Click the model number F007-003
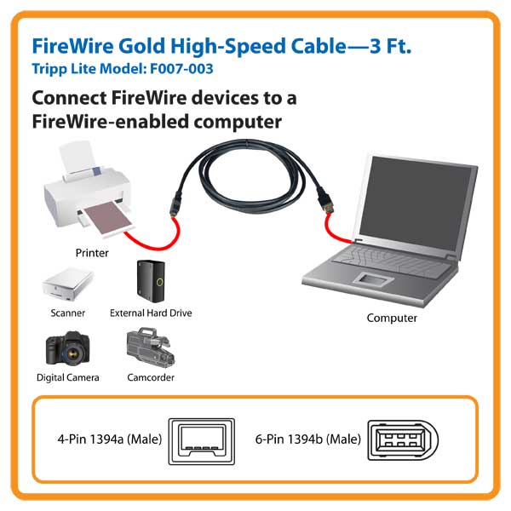coord(181,68)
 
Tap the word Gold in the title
coord(141,46)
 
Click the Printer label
coord(92,253)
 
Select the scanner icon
coord(68,284)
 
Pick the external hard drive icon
coord(152,281)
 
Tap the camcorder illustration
coord(151,347)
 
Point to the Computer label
coord(392,318)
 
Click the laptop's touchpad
coord(373,280)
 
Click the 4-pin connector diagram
coord(201,441)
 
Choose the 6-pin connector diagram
coord(403,440)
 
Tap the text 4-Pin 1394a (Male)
coord(110,439)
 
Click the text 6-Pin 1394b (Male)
coord(308,439)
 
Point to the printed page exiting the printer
coord(108,218)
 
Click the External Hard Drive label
coord(151,313)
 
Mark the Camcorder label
coord(151,377)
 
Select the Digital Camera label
coord(68,377)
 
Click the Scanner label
coord(68,313)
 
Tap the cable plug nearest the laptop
coord(325,200)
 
